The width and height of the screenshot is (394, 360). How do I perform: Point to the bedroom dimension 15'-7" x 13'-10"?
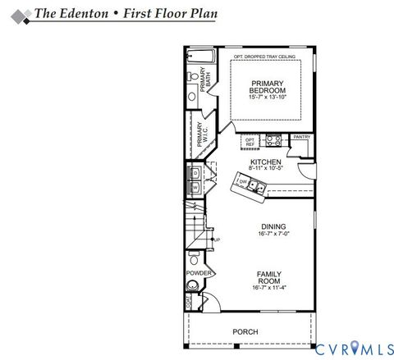(267, 98)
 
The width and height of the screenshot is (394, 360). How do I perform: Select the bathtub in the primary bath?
(199, 57)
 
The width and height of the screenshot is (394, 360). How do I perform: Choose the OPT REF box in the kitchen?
(250, 142)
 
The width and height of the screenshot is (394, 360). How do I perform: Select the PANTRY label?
(301, 137)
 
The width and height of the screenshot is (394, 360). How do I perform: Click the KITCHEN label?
(266, 162)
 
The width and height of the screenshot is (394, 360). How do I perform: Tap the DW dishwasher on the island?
(244, 182)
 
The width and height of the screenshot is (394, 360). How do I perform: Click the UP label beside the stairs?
(217, 239)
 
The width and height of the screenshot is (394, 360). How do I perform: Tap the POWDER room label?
(199, 273)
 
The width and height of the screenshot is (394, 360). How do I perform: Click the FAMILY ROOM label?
(268, 278)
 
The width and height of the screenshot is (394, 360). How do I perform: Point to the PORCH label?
(245, 332)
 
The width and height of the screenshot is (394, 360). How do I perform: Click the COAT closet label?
(188, 302)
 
